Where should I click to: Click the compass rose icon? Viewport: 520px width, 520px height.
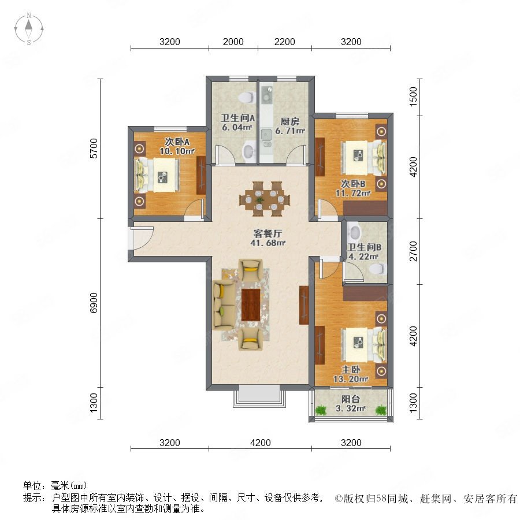29,29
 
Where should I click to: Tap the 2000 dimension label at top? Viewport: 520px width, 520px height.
233,42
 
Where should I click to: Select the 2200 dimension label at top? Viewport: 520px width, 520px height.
284,42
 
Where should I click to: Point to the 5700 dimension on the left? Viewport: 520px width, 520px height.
94,148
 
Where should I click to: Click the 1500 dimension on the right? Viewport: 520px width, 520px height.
413,96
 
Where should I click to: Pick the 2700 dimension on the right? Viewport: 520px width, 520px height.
413,251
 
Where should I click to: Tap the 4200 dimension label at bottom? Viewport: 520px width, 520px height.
261,443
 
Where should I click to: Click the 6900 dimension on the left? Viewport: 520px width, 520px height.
94,302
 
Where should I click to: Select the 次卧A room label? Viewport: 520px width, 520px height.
177,142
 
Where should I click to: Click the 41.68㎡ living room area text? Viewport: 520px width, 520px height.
268,243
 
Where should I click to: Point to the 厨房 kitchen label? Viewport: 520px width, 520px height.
290,121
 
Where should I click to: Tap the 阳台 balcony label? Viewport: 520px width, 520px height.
351,399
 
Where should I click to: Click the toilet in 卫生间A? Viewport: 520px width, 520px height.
247,98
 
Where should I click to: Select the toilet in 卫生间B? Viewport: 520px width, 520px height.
378,269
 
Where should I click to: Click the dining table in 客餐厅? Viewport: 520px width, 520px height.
264,199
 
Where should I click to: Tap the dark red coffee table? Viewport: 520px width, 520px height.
251,304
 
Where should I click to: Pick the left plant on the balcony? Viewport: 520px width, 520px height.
321,410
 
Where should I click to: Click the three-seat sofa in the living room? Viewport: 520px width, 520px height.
223,305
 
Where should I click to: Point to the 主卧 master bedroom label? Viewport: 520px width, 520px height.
351,369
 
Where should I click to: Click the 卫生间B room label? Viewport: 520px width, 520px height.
364,247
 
